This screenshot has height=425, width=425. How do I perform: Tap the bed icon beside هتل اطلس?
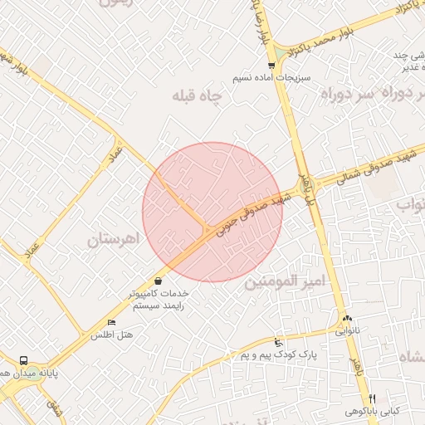tap(112, 322)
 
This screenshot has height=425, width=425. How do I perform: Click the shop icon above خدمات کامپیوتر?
tap(158, 281)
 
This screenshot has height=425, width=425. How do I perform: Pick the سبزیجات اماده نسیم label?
tap(271, 76)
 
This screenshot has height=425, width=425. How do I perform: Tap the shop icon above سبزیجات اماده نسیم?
tap(271, 65)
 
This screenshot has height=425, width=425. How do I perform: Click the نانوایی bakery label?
tap(346, 330)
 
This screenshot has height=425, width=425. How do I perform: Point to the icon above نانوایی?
tap(346, 318)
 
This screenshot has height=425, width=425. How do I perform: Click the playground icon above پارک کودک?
tap(279, 342)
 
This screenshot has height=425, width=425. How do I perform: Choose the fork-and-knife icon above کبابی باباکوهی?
tap(372, 398)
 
